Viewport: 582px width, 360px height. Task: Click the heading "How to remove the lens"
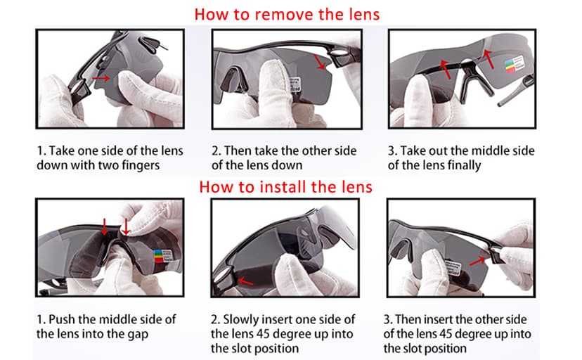(x=287, y=15)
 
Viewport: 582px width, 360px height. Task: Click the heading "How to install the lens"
(x=286, y=187)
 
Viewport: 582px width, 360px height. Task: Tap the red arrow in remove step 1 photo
(x=101, y=78)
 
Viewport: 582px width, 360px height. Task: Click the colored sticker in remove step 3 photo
(x=515, y=64)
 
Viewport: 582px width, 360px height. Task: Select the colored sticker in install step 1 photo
(x=163, y=256)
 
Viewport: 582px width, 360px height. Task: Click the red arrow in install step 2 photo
(x=245, y=282)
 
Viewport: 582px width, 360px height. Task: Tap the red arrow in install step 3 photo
(x=478, y=262)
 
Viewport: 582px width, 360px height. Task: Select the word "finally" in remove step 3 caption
(x=464, y=165)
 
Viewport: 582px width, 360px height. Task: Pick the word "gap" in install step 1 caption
(x=138, y=335)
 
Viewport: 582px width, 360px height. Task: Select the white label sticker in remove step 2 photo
(x=295, y=84)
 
